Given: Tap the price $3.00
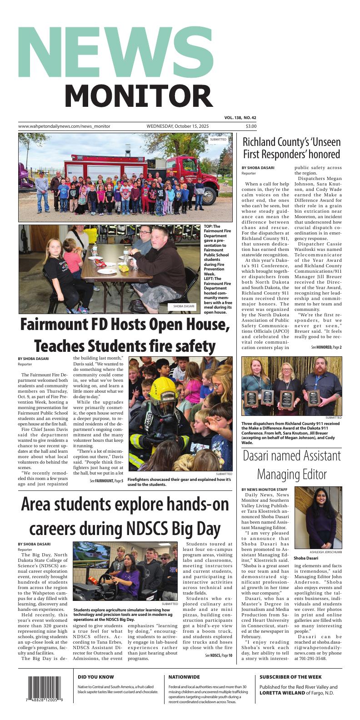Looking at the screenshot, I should (x=251, y=126).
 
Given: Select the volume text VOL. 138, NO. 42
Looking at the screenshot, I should (x=240, y=118).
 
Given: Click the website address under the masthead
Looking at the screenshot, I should (x=64, y=126).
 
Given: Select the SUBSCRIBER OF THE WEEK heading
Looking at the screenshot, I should (x=290, y=677).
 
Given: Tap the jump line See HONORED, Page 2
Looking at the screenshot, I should (x=326, y=347).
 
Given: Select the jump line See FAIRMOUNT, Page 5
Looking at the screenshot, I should (x=106, y=480).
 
